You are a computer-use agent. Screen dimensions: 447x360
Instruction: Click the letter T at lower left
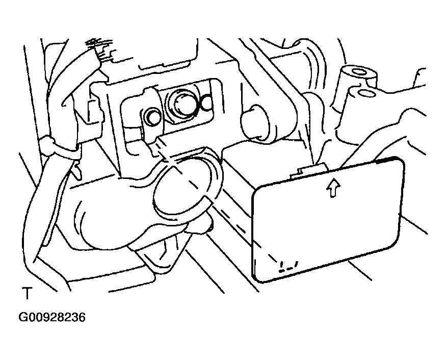[28, 294]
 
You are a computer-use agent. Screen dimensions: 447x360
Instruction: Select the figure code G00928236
[52, 317]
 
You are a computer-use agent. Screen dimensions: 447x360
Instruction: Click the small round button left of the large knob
[153, 117]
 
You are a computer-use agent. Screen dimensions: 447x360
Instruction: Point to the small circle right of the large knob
[207, 104]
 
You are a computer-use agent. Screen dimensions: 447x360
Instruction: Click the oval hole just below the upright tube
[366, 93]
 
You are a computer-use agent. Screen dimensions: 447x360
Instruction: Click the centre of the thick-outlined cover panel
[328, 220]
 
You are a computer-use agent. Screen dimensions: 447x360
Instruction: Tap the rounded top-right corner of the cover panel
[399, 162]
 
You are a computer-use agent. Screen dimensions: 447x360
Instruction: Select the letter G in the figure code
[22, 317]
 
